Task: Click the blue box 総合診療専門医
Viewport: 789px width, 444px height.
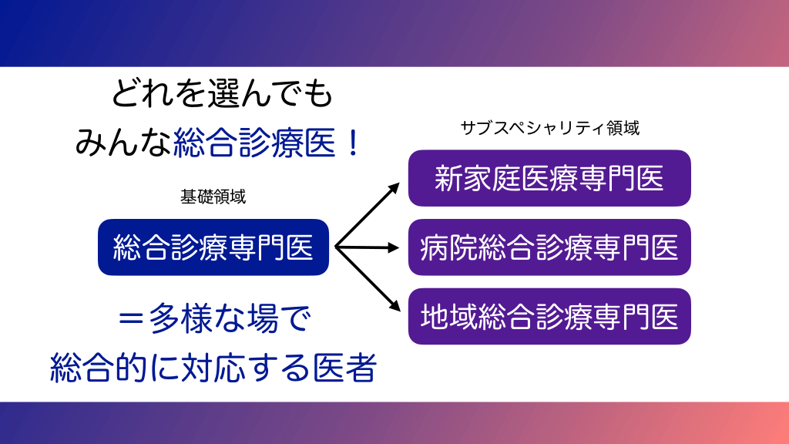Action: coord(213,247)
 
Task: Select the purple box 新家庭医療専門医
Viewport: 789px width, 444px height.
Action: coord(549,178)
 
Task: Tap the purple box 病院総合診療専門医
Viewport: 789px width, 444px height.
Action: coord(549,247)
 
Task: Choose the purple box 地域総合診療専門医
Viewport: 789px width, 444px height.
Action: coord(549,316)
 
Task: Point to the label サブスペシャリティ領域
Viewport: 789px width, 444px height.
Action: coord(549,128)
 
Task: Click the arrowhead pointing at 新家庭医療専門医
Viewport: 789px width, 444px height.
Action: coord(394,187)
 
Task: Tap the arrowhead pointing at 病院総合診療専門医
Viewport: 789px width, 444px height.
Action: coord(394,248)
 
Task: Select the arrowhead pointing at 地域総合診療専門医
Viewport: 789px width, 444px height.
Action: coord(394,307)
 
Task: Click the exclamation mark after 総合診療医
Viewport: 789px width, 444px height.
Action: coord(354,143)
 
